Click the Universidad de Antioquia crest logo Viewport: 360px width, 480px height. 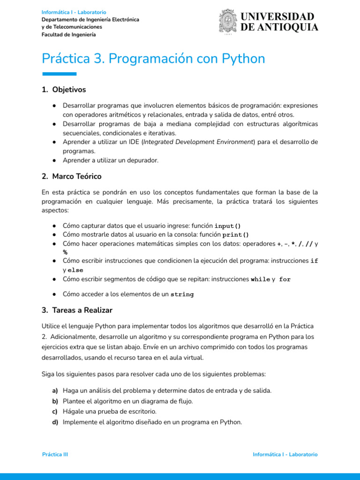pos(228,22)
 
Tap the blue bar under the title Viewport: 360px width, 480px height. pos(59,74)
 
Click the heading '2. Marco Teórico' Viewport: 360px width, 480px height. pos(71,176)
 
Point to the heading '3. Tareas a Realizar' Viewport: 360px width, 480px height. pos(77,310)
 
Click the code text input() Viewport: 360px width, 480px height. pos(227,225)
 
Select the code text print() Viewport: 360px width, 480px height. pos(236,235)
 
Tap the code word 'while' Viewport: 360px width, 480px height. pos(260,279)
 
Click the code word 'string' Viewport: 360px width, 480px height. pos(182,295)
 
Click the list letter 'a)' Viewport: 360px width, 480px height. pos(55,390)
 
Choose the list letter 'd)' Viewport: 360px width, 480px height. pos(55,422)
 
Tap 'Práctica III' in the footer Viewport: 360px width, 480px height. pos(55,455)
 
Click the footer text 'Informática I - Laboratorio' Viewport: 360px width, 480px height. pos(285,455)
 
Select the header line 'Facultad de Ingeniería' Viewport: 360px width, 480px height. pos(68,35)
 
